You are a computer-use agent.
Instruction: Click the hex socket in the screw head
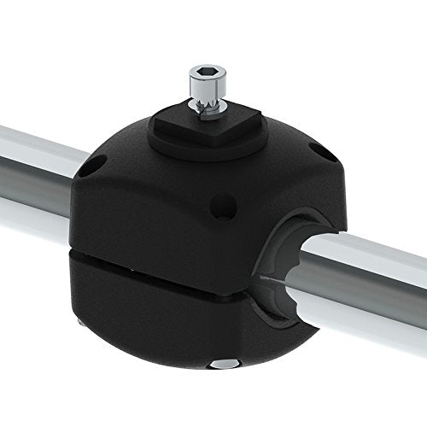point(204,71)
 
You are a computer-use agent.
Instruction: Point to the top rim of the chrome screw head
point(204,67)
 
